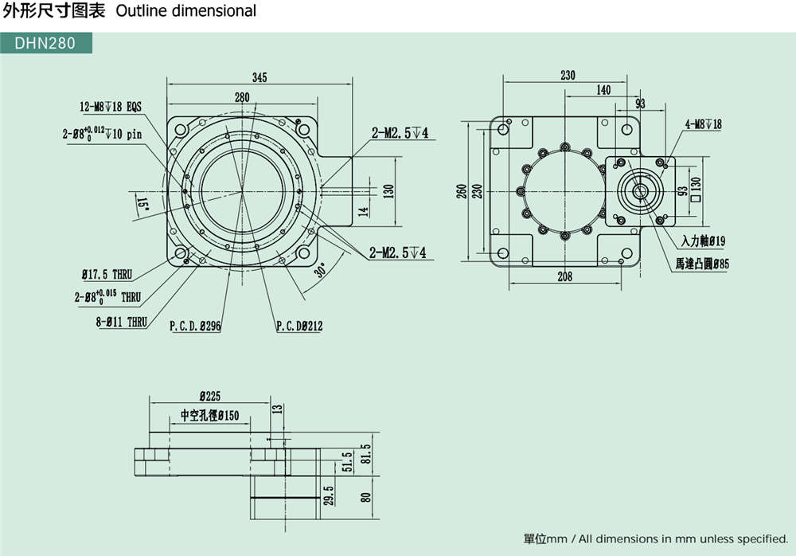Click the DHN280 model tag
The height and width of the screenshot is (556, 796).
click(45, 43)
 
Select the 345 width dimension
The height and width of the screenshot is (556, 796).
click(259, 77)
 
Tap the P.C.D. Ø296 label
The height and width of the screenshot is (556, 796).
click(195, 326)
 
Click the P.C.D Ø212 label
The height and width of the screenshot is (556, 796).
click(299, 326)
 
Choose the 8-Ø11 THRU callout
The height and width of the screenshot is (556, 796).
click(120, 322)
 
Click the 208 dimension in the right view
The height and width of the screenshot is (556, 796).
click(564, 276)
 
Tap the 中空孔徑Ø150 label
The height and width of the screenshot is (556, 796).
click(209, 415)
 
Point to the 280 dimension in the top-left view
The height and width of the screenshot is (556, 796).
click(242, 97)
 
